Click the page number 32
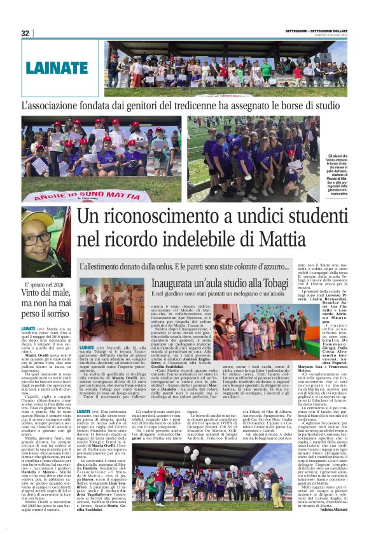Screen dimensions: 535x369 click(x=25, y=33)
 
